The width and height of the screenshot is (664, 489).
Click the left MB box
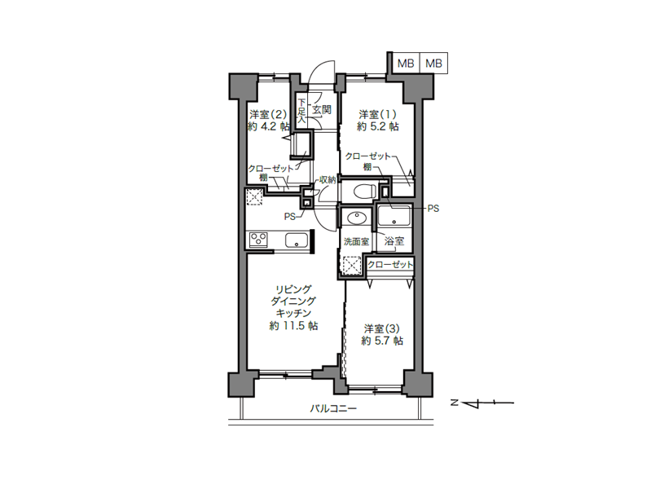pyautogui.click(x=405, y=63)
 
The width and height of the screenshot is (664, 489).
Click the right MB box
pyautogui.click(x=433, y=63)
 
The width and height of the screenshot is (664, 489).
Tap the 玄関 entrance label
pyautogui.click(x=322, y=109)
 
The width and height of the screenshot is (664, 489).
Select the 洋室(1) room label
pyautogui.click(x=377, y=114)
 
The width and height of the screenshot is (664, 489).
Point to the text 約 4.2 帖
pyautogui.click(x=269, y=126)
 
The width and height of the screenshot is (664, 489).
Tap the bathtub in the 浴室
pyautogui.click(x=394, y=215)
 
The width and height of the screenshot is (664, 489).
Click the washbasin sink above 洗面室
pyautogui.click(x=356, y=218)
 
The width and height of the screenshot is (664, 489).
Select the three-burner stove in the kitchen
pyautogui.click(x=259, y=240)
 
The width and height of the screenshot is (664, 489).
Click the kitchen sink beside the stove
pyautogui.click(x=296, y=240)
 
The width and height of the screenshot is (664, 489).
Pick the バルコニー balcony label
pyautogui.click(x=333, y=409)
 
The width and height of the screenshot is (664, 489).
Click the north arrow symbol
pyautogui.click(x=482, y=403)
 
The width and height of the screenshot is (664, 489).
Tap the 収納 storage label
pyautogui.click(x=328, y=179)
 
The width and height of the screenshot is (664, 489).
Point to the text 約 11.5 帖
pyautogui.click(x=293, y=325)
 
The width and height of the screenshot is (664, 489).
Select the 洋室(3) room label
pyautogui.click(x=382, y=328)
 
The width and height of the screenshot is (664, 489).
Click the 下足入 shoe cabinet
pyautogui.click(x=301, y=109)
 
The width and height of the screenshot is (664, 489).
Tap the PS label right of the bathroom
pyautogui.click(x=433, y=209)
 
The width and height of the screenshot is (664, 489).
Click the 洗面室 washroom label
pyautogui.click(x=356, y=241)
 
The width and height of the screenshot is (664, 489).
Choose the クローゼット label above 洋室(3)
pyautogui.click(x=390, y=264)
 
